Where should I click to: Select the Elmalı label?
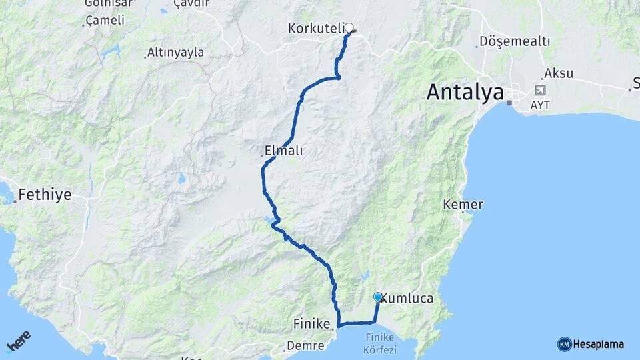(283, 151)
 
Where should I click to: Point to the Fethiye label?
(45, 195)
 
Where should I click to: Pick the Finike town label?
(311, 324)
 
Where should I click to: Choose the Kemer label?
(463, 205)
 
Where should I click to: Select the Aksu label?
(558, 73)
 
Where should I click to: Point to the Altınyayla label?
(175, 53)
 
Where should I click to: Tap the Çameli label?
(105, 21)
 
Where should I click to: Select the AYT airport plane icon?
(539, 90)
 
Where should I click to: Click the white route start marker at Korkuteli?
(348, 28)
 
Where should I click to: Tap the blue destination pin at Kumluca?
(378, 297)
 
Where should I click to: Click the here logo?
(18, 341)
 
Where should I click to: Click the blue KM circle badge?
(564, 344)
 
